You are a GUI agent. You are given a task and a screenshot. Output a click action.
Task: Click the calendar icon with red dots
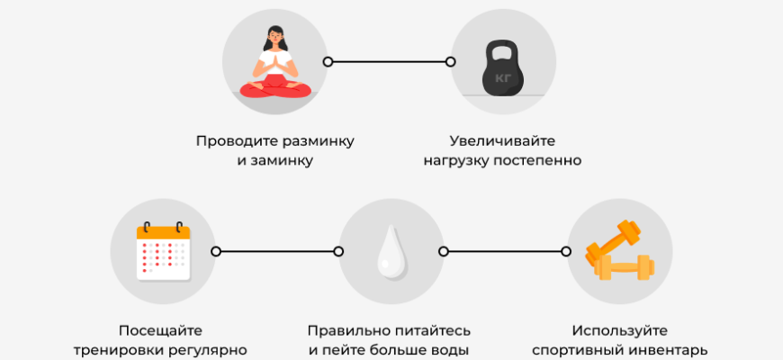tap(163, 251)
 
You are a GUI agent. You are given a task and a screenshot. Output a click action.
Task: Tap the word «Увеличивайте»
tap(502, 141)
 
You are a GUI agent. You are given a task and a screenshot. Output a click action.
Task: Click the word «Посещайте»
tap(161, 330)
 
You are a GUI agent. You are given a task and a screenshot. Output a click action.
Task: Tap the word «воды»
tap(452, 350)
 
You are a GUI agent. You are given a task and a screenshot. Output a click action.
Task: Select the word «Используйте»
tap(619, 330)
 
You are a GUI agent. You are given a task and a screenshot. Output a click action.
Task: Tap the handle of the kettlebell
tap(500, 46)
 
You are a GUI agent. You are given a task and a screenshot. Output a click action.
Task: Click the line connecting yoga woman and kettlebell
tap(389, 62)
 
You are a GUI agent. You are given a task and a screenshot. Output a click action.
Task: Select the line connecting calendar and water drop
tap(278, 251)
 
